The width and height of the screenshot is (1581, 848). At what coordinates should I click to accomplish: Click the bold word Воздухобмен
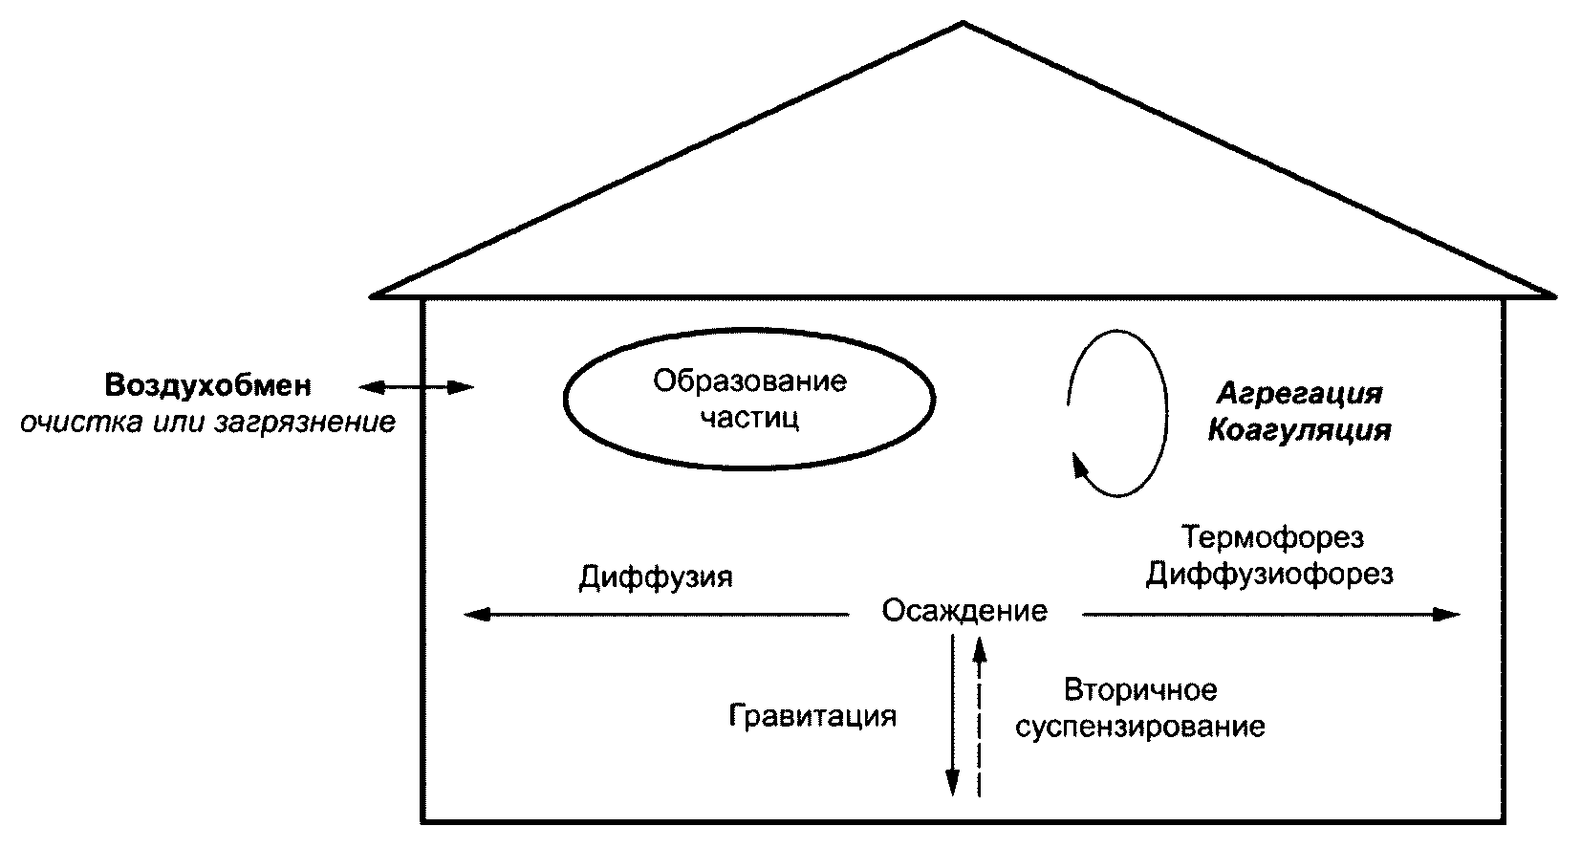[207, 386]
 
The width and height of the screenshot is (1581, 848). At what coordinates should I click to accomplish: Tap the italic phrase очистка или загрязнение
[207, 423]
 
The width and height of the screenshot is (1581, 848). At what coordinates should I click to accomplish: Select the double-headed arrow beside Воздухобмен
[416, 387]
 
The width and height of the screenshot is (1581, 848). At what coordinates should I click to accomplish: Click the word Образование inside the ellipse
[749, 381]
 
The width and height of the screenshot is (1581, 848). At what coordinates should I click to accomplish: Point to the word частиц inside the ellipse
[749, 418]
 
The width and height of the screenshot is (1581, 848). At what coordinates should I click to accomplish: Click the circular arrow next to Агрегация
[1117, 413]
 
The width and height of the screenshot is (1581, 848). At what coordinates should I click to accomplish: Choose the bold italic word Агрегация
[1299, 394]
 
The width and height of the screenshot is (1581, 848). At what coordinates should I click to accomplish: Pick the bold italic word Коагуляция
[1299, 431]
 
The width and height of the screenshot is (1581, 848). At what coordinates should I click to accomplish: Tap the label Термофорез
[1270, 537]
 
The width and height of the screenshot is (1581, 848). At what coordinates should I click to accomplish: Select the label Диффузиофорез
[1268, 574]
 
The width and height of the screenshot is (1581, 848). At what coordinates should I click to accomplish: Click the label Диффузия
[655, 578]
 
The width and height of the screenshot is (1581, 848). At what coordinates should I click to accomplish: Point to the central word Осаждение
[964, 610]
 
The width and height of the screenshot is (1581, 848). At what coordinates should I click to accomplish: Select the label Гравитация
[812, 716]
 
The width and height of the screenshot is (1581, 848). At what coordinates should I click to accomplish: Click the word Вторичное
[1139, 690]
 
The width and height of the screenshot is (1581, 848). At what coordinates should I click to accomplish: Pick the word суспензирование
[1139, 727]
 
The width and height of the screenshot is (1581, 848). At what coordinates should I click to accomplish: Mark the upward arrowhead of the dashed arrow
[978, 650]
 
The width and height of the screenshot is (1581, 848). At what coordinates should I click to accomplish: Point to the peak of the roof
[964, 23]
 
